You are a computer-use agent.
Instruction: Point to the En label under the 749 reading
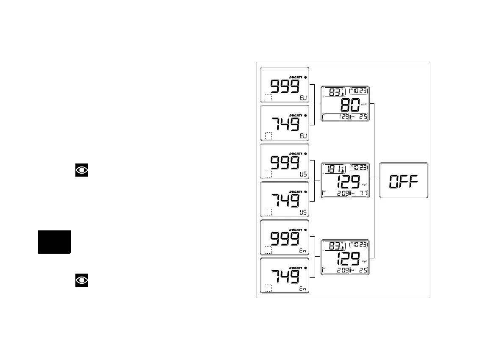[x=302, y=288]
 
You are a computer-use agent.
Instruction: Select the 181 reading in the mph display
[x=332, y=169]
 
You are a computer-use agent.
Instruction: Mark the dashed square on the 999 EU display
[x=268, y=98]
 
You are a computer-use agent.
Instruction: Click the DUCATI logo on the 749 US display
[x=296, y=191]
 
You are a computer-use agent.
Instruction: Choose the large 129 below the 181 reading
[x=348, y=182]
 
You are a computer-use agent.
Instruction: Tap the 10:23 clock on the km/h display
[x=359, y=91]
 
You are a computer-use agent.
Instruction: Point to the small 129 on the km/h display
[x=342, y=116]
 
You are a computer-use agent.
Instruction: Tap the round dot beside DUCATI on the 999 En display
[x=305, y=230]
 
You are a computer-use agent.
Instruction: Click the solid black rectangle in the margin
[x=54, y=242]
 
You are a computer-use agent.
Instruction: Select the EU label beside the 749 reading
[x=302, y=136]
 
